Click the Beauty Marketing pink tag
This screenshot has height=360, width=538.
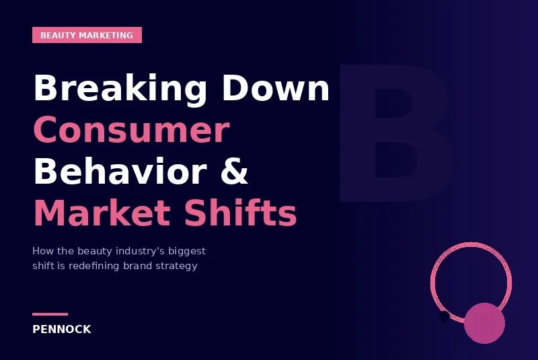click(x=87, y=35)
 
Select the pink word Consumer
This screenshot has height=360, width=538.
click(x=131, y=130)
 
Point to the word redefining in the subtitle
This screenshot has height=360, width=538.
click(x=94, y=266)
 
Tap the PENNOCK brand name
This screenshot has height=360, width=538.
click(x=62, y=330)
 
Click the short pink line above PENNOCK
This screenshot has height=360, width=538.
click(x=50, y=314)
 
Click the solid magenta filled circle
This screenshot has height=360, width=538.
click(x=484, y=323)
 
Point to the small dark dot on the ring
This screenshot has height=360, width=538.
click(x=444, y=316)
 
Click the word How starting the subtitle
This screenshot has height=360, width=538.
click(x=41, y=251)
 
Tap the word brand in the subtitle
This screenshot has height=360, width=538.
click(x=139, y=266)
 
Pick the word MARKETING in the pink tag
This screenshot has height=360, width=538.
click(x=107, y=35)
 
